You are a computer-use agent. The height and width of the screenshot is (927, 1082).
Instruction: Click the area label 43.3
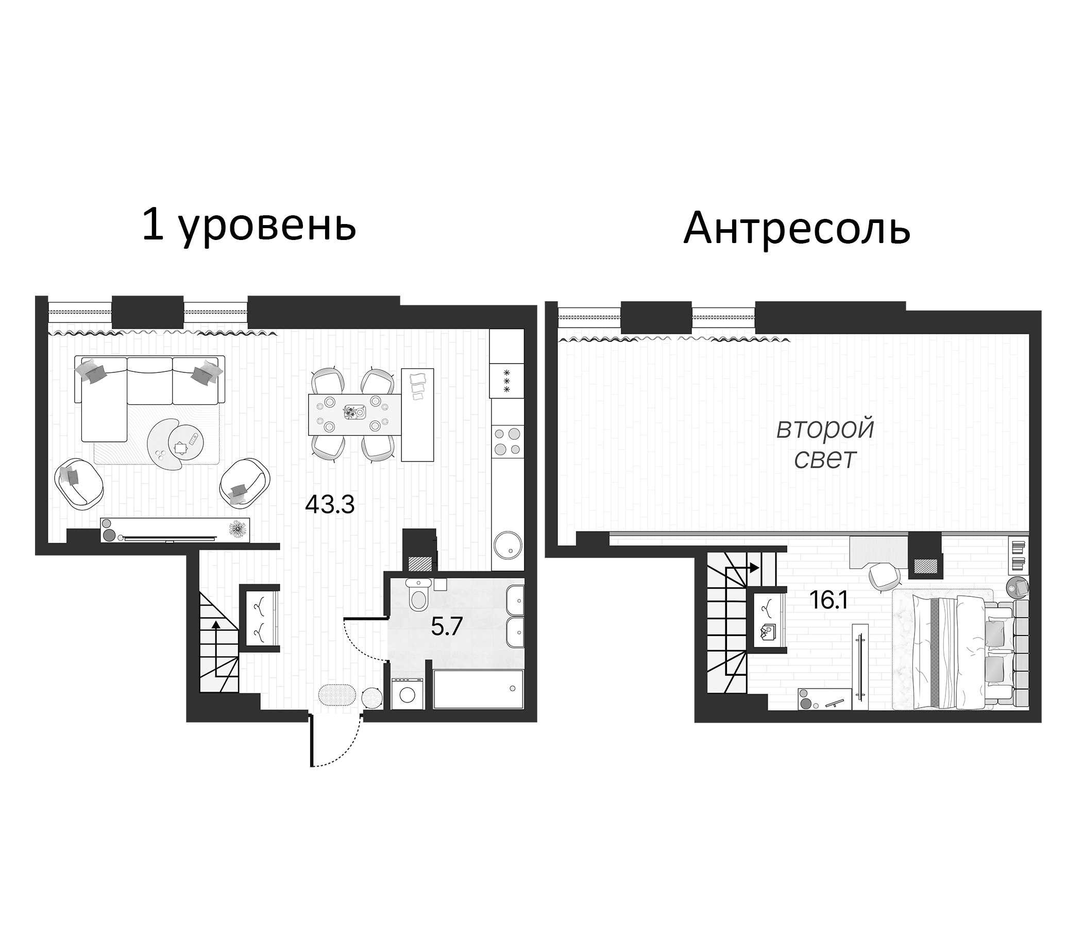coord(330,505)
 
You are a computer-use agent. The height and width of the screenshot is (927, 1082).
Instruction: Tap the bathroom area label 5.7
coord(447,626)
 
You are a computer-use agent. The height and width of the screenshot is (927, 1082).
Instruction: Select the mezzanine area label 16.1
coord(829,601)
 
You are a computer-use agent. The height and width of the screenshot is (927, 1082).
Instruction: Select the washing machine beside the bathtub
coord(408,694)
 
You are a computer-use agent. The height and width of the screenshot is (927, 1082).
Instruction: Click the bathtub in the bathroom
coord(478,690)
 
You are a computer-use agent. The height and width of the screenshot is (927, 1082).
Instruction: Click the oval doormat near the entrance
coord(337,696)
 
